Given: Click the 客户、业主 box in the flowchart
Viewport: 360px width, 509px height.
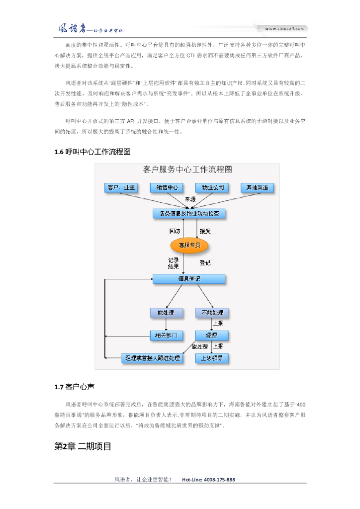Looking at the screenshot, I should (x=120, y=187).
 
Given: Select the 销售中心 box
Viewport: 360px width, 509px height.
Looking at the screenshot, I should (x=167, y=187).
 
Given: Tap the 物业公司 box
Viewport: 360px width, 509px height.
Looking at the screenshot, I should (x=212, y=187).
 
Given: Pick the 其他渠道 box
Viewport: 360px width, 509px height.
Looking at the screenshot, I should (x=257, y=187).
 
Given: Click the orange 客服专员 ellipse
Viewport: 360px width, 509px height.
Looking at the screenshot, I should (x=189, y=245).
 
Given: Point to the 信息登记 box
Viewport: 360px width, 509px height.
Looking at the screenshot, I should (x=189, y=279).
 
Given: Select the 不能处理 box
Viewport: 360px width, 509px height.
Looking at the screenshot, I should (x=212, y=313).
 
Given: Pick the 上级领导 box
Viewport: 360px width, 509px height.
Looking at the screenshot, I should (x=212, y=358).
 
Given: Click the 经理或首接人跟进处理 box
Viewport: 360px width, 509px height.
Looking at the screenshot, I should (x=152, y=358).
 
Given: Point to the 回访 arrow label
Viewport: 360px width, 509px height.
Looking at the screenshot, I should (x=174, y=232).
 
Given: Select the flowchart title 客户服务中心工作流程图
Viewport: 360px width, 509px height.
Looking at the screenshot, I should (x=187, y=170).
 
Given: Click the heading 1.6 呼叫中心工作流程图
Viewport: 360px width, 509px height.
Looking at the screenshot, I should (x=93, y=152).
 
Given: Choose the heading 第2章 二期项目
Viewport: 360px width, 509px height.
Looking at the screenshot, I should (x=83, y=446).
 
